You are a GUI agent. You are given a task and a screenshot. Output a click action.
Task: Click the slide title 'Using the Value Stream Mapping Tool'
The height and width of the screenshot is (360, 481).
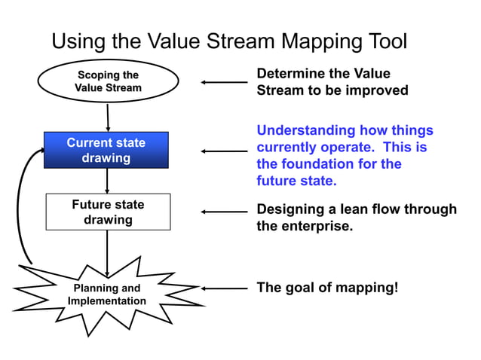(229, 41)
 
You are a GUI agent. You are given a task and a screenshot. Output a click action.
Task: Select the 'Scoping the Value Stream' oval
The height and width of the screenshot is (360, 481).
(108, 81)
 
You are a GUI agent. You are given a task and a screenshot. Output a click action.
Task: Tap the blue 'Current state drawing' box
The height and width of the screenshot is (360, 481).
(106, 150)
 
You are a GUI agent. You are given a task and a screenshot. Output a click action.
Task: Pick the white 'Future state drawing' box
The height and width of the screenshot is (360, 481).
(108, 212)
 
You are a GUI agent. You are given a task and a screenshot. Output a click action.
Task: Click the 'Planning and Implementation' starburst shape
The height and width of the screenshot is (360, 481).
(107, 295)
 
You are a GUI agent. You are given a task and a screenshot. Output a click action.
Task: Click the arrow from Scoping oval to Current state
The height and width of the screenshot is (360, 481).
(109, 117)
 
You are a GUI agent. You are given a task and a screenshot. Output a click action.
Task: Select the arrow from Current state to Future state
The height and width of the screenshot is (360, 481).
(107, 181)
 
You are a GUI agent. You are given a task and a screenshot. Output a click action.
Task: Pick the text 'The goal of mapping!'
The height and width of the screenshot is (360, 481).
(327, 287)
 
